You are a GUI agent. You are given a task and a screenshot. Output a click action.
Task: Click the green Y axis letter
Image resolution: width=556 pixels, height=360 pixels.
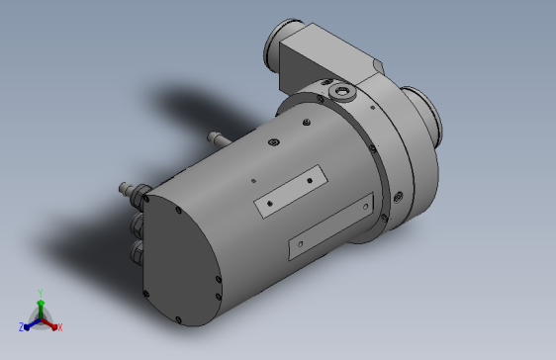[x=41, y=293]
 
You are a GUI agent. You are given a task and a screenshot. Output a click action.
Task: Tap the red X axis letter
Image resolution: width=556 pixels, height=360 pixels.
[x=60, y=327]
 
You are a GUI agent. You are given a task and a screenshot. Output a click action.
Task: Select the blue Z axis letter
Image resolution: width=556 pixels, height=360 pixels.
[x=21, y=327]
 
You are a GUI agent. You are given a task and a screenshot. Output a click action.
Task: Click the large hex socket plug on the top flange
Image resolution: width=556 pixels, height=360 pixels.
[x=342, y=92]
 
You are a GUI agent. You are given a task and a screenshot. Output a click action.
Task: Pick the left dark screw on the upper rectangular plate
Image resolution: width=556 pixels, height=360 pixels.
[x=270, y=204]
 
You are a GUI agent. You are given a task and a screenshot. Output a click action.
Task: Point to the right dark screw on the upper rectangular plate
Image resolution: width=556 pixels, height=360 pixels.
[x=310, y=181]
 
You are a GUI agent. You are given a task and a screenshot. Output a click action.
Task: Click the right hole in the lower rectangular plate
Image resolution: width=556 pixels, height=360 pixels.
[x=366, y=207]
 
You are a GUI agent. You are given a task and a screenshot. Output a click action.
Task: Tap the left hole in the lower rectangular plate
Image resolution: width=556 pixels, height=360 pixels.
[x=301, y=244]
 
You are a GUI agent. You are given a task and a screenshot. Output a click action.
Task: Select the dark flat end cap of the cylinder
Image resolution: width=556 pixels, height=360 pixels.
[x=181, y=259]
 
